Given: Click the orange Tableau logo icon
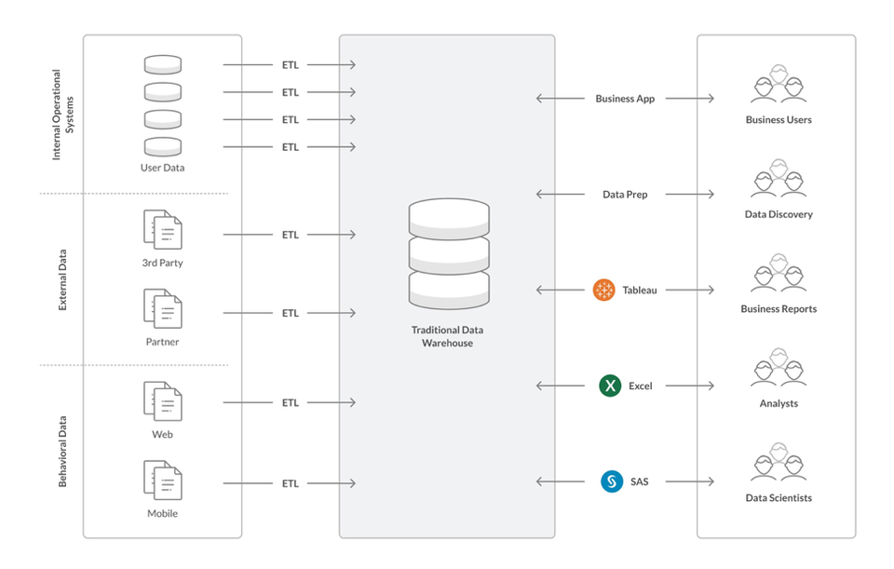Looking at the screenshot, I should tap(604, 290).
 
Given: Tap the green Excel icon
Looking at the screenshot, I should tap(610, 386).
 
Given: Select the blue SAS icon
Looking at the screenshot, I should tap(611, 481).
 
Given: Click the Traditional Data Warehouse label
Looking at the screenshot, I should tap(447, 336).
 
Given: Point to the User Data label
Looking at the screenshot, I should tap(162, 169).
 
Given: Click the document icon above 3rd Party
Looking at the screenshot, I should tap(162, 229).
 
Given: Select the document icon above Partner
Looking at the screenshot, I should tap(162, 308).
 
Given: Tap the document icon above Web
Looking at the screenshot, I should tap(162, 400).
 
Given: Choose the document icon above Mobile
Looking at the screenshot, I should tap(162, 480).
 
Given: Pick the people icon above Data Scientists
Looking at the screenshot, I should tap(779, 466).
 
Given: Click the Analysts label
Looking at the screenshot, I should tap(779, 403).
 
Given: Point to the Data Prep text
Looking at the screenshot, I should tap(625, 195).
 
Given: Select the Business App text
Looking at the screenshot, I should tap(625, 99).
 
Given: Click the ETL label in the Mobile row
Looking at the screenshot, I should tap(291, 483).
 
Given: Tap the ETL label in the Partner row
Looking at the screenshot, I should tap(291, 313).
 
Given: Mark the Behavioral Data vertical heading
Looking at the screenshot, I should tap(63, 451).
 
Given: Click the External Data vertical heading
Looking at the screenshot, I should tap(63, 278).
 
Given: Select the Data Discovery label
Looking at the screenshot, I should tap(779, 214).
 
